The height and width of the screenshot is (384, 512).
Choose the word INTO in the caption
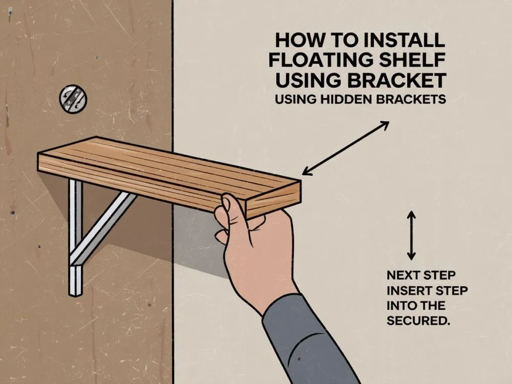click(400, 306)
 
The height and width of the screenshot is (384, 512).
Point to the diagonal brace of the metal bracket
click(103, 228)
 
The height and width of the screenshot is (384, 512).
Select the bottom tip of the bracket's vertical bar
click(76, 296)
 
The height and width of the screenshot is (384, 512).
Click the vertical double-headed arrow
click(412, 236)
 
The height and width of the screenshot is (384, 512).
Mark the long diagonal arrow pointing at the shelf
click(346, 148)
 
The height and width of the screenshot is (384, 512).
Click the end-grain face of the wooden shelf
click(273, 200)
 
